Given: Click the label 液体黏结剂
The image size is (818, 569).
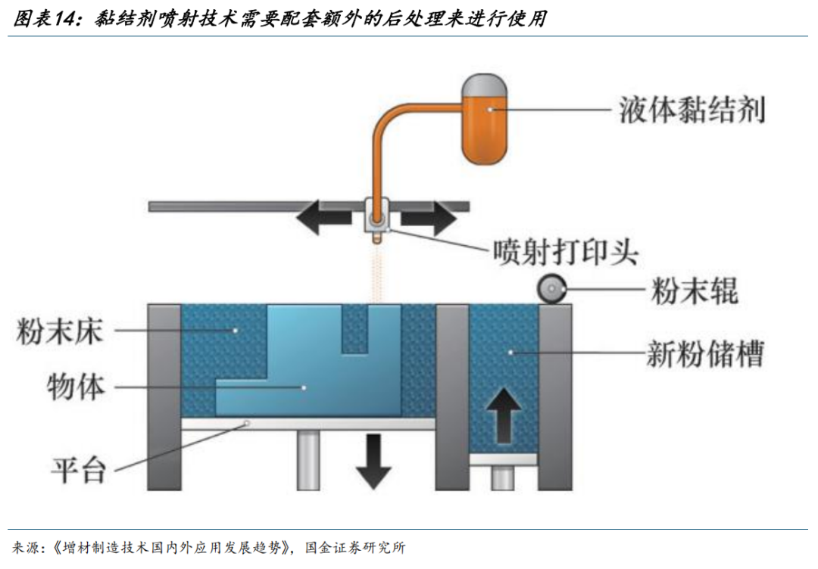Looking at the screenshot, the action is click(x=692, y=110).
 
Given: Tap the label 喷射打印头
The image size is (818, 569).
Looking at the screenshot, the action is click(x=566, y=252).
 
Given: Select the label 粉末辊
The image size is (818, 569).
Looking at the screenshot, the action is click(x=695, y=291).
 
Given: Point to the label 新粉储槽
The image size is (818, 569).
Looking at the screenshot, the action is click(x=705, y=354).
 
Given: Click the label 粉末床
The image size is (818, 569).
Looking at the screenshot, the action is click(x=60, y=331).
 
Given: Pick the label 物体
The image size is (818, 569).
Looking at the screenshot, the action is click(x=76, y=387).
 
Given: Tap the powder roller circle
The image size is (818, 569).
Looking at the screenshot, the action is click(x=552, y=289).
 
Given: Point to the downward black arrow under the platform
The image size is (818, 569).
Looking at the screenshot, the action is click(x=373, y=461).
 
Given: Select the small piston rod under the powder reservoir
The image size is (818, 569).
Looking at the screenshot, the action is click(x=502, y=477).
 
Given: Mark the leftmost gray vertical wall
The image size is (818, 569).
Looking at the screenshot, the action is click(x=164, y=397).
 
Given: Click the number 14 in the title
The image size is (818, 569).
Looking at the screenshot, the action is click(x=64, y=19).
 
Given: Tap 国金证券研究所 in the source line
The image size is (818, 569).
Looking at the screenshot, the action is click(x=355, y=548).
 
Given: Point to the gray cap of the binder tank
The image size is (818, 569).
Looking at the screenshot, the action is click(x=485, y=85).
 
